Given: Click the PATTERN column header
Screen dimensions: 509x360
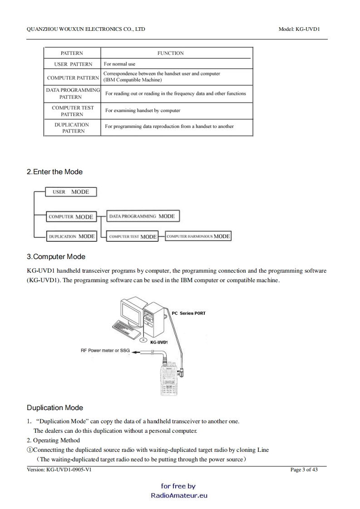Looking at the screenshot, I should coord(72,53).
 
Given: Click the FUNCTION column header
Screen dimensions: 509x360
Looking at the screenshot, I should coord(170,53).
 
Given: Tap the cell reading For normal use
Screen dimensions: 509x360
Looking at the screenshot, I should coord(119,64).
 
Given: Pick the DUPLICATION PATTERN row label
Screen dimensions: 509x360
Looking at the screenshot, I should coord(72,127).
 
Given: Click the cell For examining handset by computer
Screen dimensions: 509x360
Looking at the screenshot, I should coord(143,110).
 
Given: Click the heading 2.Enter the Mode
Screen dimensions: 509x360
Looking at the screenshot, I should coord(54,172).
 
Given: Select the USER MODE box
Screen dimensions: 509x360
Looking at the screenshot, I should coord(71,192).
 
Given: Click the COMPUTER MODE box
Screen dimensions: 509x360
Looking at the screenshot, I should coord(71,217).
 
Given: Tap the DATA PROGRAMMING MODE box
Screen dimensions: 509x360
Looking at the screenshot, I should coord(143,216).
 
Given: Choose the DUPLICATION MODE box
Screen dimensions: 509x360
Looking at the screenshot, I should coord(71,236).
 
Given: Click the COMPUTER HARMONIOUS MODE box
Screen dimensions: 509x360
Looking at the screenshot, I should coord(198,236).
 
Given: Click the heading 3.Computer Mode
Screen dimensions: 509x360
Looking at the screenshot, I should coord(56,257).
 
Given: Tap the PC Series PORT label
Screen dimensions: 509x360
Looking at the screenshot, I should coord(189,313).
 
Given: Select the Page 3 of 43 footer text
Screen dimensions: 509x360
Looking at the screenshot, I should coord(304,470).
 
